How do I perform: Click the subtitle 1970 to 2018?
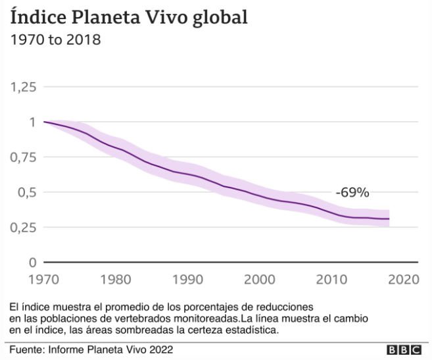55,40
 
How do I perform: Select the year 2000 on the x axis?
260,279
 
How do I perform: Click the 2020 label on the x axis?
403,279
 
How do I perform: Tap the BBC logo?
404,349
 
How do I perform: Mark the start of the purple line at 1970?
43,122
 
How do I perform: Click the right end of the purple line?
408,219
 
